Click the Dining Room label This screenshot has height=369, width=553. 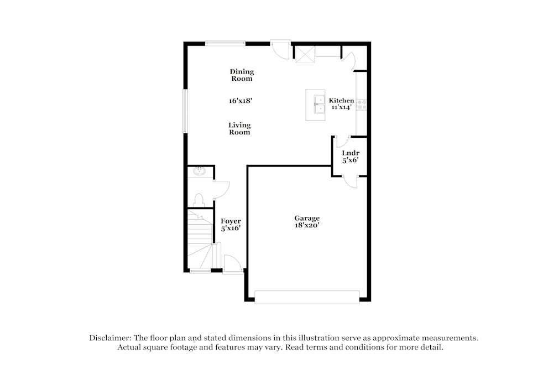click(242, 75)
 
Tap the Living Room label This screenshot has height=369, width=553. click(239, 128)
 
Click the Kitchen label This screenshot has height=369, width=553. click(342, 100)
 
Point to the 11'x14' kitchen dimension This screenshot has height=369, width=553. click(342, 107)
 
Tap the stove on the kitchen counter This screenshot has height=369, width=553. click(362, 103)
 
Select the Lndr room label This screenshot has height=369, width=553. click(350, 153)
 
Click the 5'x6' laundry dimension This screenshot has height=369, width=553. click(350, 160)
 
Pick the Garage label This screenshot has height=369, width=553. click(307, 218)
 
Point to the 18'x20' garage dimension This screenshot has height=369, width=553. click(307, 225)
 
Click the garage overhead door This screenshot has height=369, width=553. click(306, 298)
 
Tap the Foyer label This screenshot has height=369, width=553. click(231, 221)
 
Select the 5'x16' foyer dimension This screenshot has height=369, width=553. click(231, 228)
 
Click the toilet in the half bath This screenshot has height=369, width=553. click(200, 199)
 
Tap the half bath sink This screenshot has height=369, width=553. click(199, 171)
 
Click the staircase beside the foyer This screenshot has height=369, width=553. click(200, 238)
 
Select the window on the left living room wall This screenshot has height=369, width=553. click(185, 111)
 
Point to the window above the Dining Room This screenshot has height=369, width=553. click(225, 43)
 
